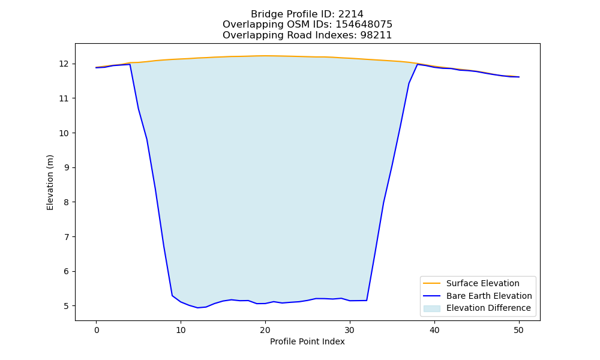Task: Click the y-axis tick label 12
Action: coord(64,64)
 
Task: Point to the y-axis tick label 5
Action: coord(66,306)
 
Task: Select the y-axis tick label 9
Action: coord(66,167)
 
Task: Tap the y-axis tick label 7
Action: coord(66,237)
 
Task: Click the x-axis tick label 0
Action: coord(97,330)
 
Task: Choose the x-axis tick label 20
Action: coord(265,330)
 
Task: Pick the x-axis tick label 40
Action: coord(434,330)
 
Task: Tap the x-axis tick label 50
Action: coord(518,330)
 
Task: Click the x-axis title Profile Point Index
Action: coord(307,341)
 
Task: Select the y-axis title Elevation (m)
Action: coord(50,182)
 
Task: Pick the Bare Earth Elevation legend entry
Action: coord(477,296)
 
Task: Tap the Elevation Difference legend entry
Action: coord(477,308)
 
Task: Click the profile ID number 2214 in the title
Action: coord(350,14)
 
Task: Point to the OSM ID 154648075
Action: coord(364,25)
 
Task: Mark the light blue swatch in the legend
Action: coord(431,308)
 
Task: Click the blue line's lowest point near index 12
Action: coord(198,308)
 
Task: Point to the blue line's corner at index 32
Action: coord(367,301)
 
